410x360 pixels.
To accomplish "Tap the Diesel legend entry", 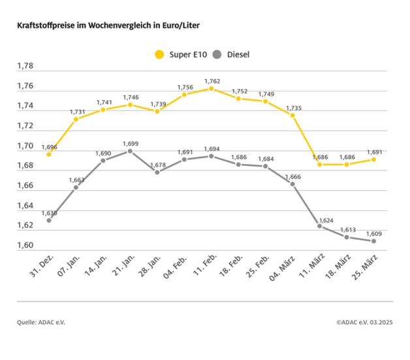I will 233,54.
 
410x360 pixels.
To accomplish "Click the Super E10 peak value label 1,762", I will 212,81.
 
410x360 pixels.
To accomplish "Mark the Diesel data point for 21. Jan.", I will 130,151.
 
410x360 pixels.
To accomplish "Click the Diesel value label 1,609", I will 373,233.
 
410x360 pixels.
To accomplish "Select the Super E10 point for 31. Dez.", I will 49,154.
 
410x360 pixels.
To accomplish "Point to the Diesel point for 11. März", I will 319,226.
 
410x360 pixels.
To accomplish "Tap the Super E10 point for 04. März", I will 292,115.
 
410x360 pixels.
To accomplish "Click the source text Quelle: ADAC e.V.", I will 41,322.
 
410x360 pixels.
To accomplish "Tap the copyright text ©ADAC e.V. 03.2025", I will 364,322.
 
